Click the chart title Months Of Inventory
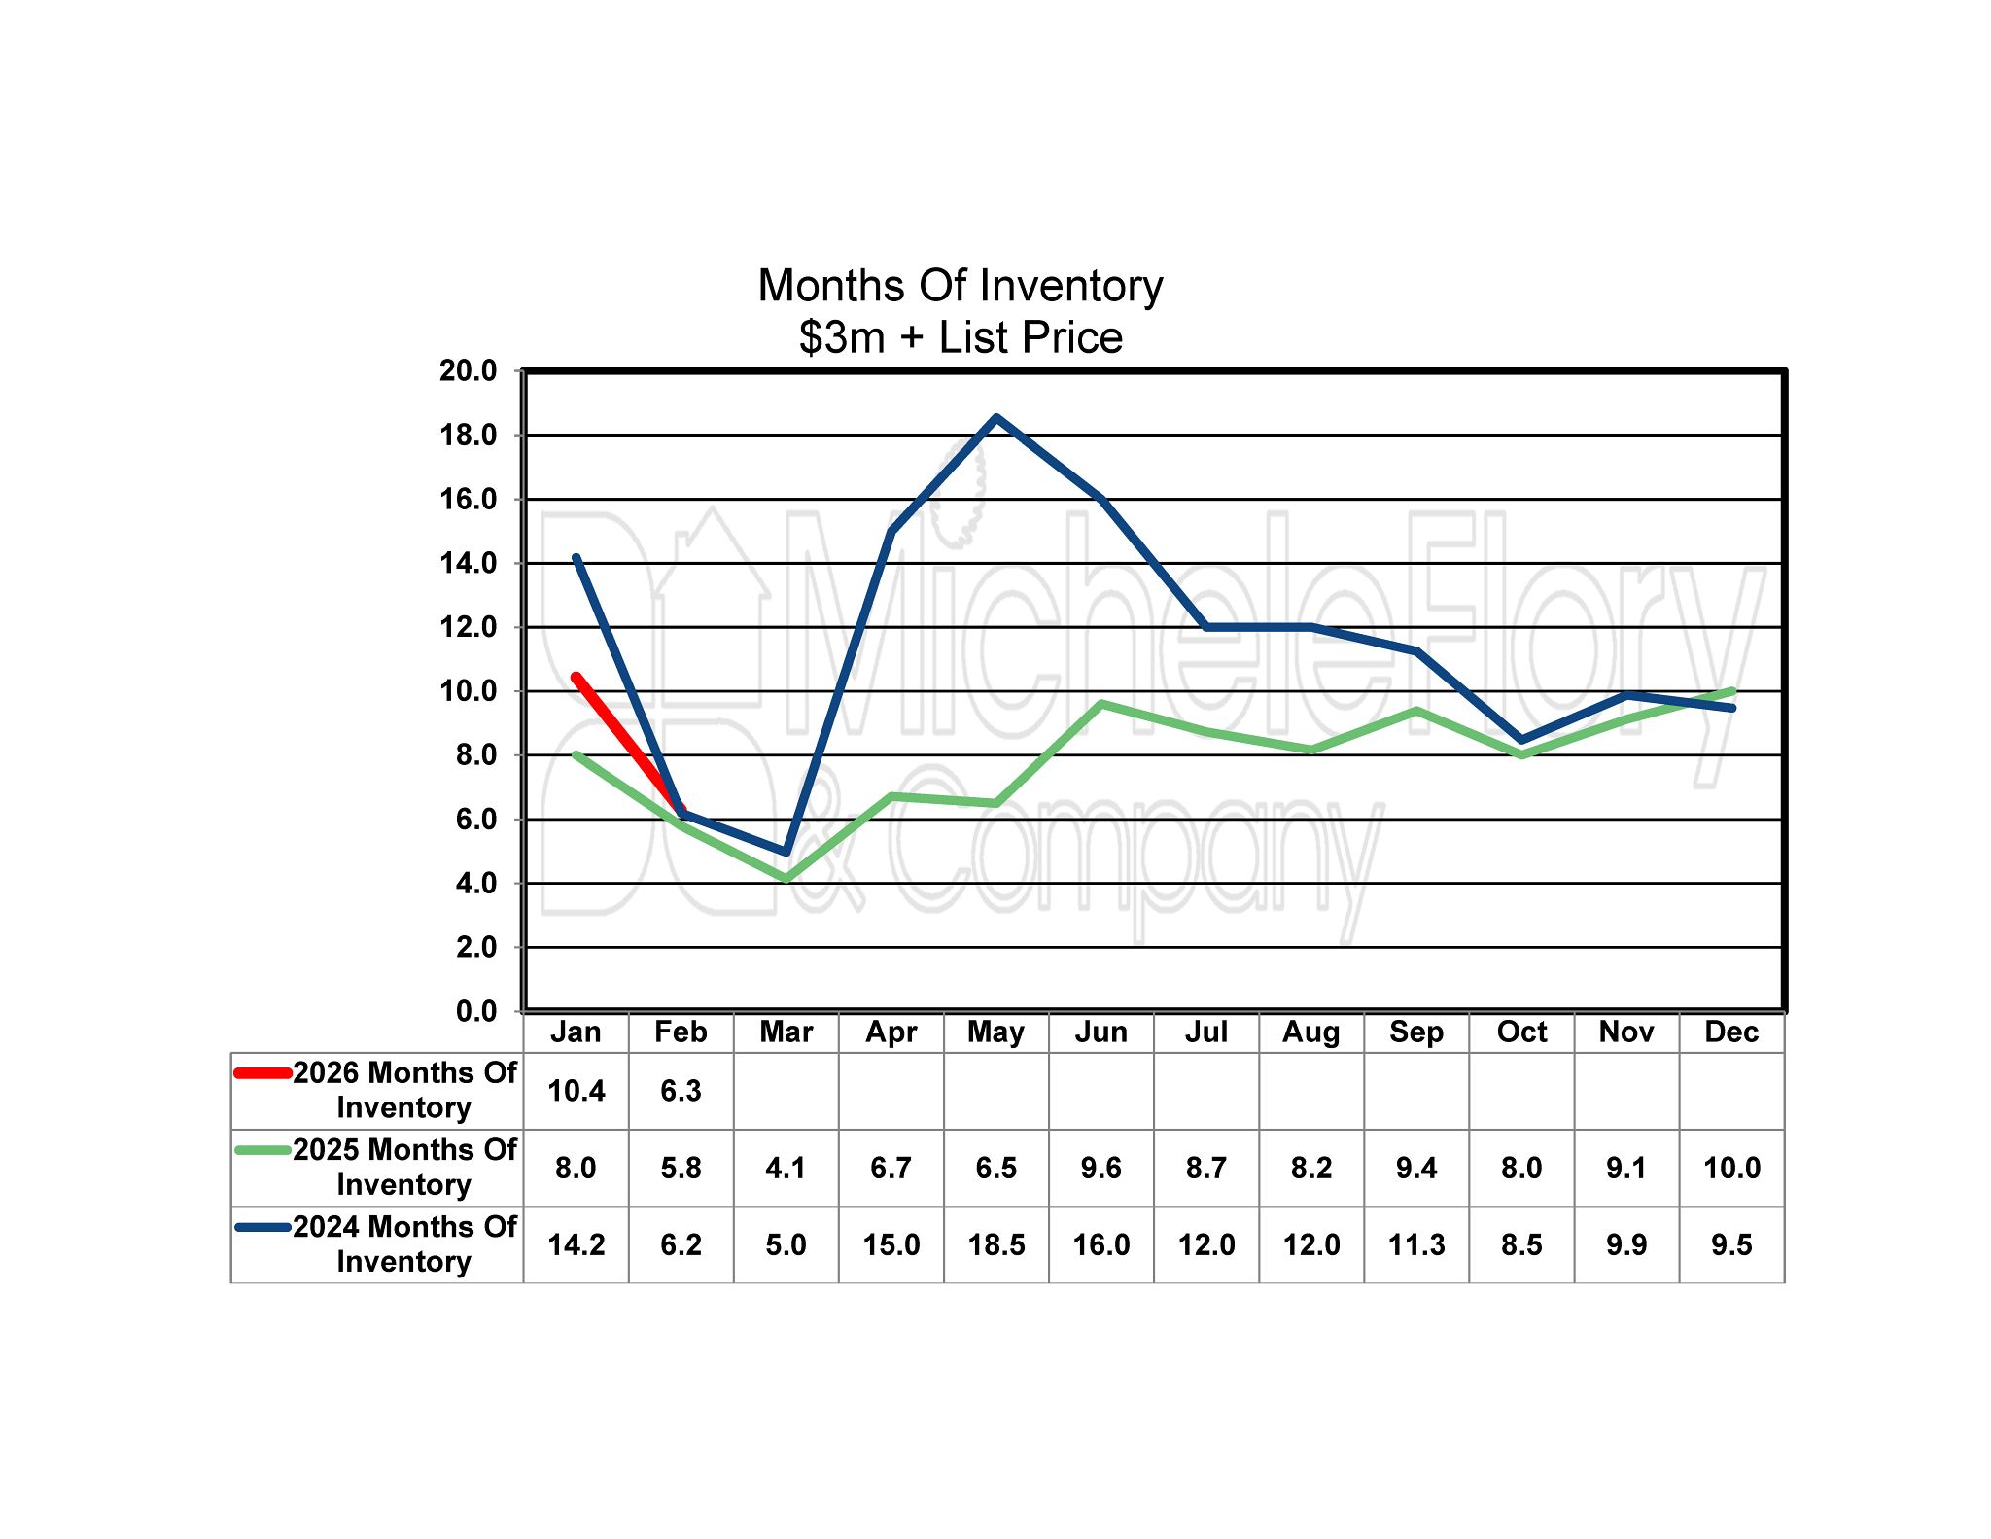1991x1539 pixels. click(960, 286)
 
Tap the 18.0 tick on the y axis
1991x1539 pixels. click(468, 436)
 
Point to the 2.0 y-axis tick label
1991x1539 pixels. click(475, 947)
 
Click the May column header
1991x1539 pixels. click(995, 1032)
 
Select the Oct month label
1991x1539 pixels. click(1520, 1032)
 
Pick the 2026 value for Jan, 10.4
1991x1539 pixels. click(576, 1091)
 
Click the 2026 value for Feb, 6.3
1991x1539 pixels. click(681, 1091)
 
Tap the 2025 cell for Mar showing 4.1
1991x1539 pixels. click(786, 1168)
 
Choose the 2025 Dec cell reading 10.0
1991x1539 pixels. click(1731, 1168)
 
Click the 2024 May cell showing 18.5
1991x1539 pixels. click(995, 1244)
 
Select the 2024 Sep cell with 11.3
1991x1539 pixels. click(1416, 1244)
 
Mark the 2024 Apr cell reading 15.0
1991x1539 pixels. click(891, 1244)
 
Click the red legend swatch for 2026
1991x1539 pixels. click(262, 1073)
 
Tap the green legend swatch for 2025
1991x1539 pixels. click(262, 1150)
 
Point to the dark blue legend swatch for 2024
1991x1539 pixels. click(262, 1227)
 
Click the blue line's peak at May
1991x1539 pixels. click(996, 418)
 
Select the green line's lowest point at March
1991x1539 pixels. click(786, 879)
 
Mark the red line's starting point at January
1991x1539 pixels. click(576, 677)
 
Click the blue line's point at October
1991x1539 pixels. click(1521, 740)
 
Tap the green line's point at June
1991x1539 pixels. click(1101, 703)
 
